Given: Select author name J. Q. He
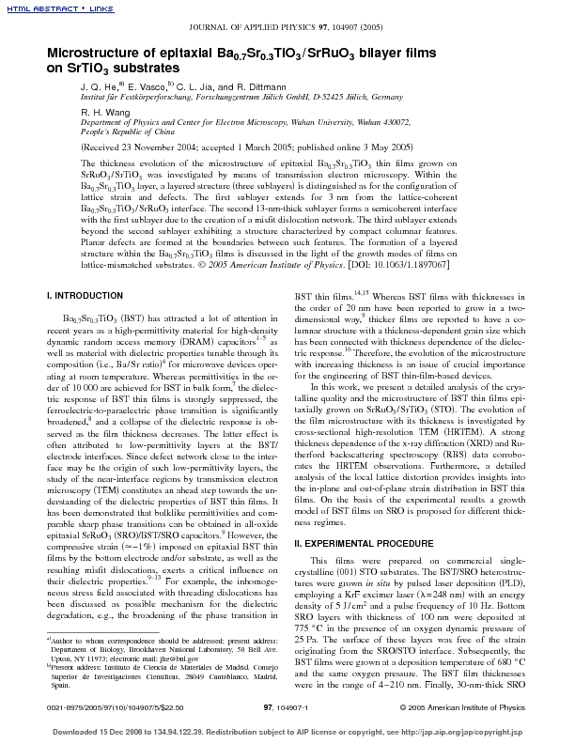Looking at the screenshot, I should click(97, 85).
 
